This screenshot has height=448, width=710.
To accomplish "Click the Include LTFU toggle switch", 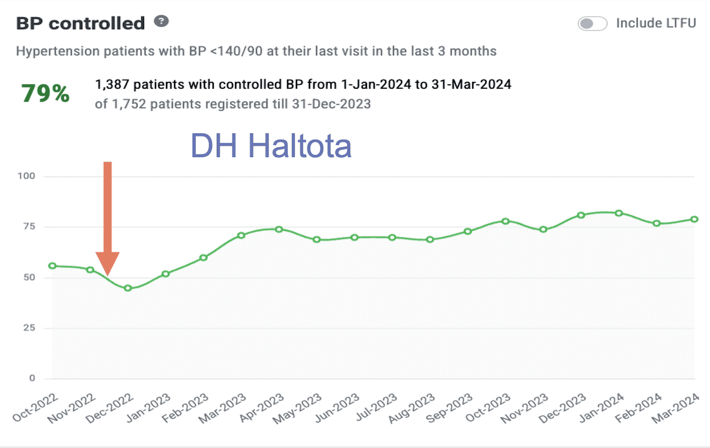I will [592, 24].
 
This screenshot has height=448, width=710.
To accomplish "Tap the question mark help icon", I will [161, 22].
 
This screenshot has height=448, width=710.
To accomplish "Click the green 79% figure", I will [45, 94].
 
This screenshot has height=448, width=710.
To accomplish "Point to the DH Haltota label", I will [271, 146].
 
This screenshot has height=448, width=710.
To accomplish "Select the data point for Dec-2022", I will [128, 288].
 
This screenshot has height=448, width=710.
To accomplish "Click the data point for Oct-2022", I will [52, 266].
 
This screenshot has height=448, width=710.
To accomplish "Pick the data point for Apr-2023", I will [279, 229].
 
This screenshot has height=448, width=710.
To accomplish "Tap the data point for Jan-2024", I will [619, 213].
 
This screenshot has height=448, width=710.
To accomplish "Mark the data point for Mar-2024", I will [694, 219].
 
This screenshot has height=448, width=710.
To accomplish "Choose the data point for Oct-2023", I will [505, 221].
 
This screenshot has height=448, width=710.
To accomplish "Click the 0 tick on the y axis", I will [31, 378].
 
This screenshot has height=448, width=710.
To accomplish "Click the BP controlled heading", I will [81, 24].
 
